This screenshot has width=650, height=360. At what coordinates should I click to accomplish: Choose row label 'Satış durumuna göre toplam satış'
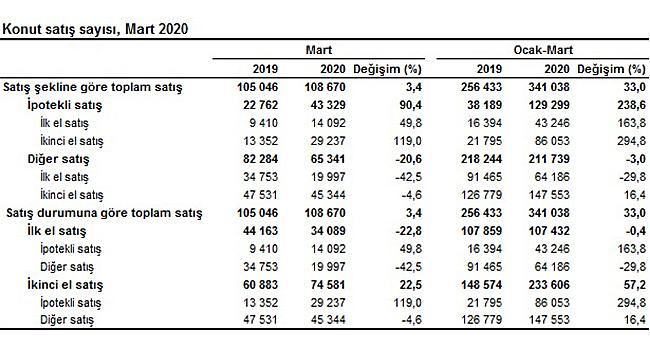(104, 213)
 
